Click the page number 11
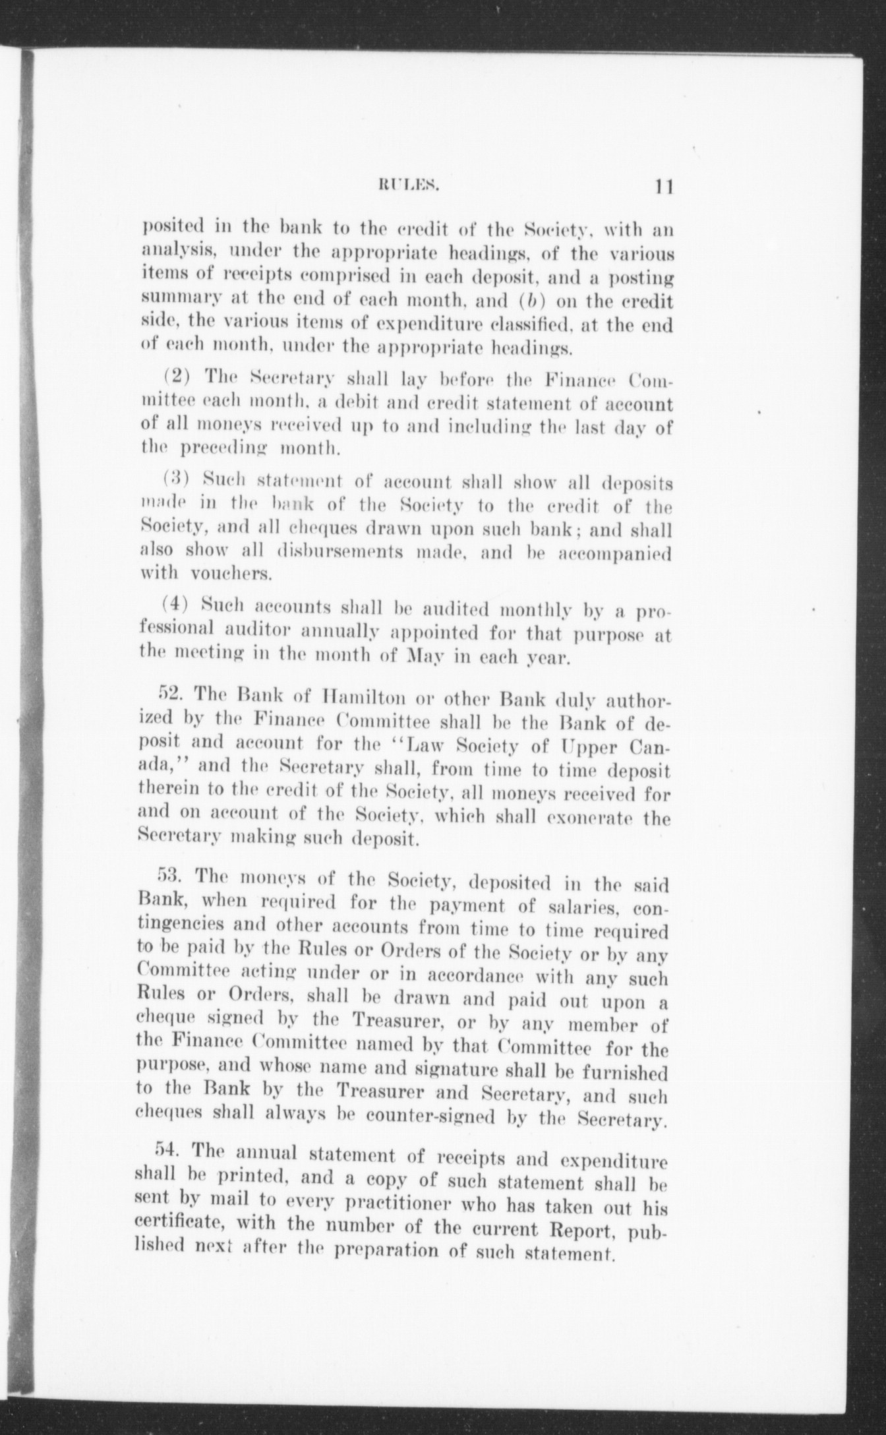pyautogui.click(x=663, y=187)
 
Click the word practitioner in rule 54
pyautogui.click(x=382, y=1208)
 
